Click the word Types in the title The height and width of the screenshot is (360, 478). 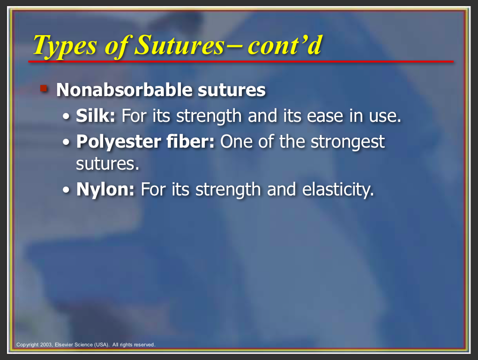coord(65,46)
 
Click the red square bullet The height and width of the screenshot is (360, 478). coord(44,89)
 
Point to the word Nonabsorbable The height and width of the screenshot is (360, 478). coord(124,90)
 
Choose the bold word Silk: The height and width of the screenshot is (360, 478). coord(96,116)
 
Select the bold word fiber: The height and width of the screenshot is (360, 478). coord(191,142)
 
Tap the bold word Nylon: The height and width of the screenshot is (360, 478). coord(105,190)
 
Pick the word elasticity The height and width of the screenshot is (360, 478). coord(338,189)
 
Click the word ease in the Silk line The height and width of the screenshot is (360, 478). coord(325,116)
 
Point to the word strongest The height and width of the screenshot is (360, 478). coord(348,142)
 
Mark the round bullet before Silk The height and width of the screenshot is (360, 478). coord(66,117)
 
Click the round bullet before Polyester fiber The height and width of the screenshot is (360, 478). coord(66,142)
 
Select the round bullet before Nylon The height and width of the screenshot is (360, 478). coord(66,190)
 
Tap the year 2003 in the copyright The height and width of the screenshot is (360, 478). coord(46,345)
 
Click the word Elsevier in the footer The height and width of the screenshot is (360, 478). coord(64,345)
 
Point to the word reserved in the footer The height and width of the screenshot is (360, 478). coord(144,345)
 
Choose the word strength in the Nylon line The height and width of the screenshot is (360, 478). coord(228,190)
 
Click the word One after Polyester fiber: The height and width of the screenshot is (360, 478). coord(237,142)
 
